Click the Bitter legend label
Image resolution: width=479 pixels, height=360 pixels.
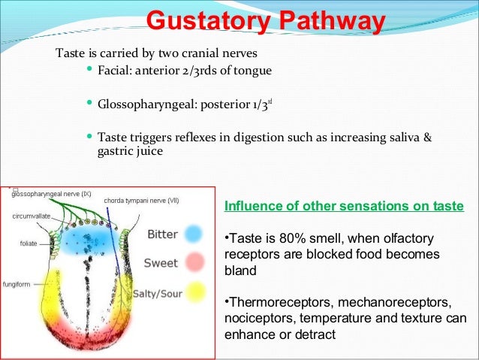click(162, 234)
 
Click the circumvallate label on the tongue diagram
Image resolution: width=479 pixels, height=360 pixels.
click(32, 216)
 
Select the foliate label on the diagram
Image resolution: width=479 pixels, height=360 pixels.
click(28, 244)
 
